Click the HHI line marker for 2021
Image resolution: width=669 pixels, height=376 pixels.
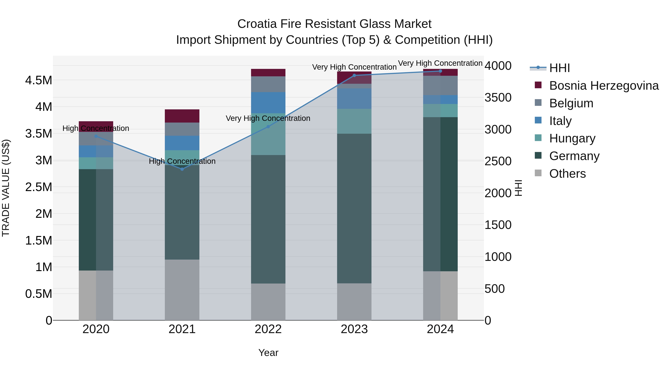pyautogui.click(x=182, y=169)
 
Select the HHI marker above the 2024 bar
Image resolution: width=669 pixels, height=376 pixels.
pyautogui.click(x=440, y=71)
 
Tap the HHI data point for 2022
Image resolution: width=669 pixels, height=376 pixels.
pyautogui.click(x=268, y=127)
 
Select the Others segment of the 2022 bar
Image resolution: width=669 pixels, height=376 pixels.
pyautogui.click(x=268, y=302)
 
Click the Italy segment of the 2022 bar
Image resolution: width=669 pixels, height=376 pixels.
pyautogui.click(x=268, y=102)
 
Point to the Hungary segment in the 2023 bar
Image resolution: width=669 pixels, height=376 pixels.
pyautogui.click(x=354, y=121)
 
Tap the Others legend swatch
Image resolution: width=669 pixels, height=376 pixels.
pyautogui.click(x=538, y=173)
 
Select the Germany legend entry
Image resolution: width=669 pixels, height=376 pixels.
pyautogui.click(x=574, y=156)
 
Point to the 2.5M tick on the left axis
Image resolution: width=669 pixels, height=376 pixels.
pyautogui.click(x=39, y=187)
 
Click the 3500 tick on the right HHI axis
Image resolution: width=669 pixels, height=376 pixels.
pyautogui.click(x=498, y=98)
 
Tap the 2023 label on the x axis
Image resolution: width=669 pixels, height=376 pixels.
pyautogui.click(x=354, y=329)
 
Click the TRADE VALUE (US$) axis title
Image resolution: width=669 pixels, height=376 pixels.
pyautogui.click(x=6, y=188)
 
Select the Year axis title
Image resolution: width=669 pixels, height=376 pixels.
pyautogui.click(x=268, y=353)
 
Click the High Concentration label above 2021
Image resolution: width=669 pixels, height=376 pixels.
pyautogui.click(x=182, y=161)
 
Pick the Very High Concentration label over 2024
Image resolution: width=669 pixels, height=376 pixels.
pyautogui.click(x=440, y=63)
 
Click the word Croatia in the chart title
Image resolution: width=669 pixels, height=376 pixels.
pyautogui.click(x=257, y=24)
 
